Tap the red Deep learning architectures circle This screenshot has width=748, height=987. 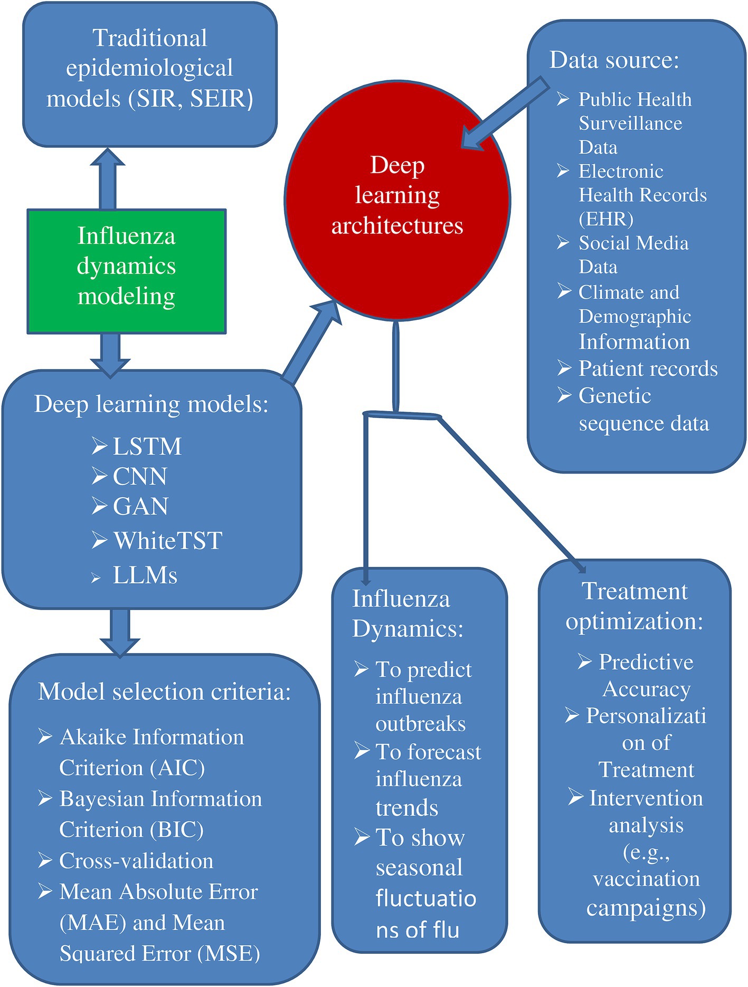pos(397,201)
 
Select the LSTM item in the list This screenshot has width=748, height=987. pos(147,447)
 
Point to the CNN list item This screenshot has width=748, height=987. pos(140,477)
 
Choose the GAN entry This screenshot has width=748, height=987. pos(140,507)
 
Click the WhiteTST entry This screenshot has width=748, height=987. pos(168,541)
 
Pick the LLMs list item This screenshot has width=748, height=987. pos(145,575)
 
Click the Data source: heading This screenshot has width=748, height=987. pos(614,60)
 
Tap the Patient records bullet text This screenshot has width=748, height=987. pos(648,368)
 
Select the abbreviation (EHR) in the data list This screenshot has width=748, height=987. pos(606,219)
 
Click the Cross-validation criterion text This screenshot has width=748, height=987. pos(136,861)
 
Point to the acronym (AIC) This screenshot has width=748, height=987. pos(177,768)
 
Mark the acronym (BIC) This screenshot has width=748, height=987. pos(176,830)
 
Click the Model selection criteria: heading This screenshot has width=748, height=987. pos(164,691)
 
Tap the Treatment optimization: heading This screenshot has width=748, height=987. pos(635,606)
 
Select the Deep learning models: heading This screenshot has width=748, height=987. pos(152,404)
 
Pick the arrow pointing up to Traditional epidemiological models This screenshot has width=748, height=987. pos(108,177)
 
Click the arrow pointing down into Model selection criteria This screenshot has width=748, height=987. pos(120,631)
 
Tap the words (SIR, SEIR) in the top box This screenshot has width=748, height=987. pos(191,99)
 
